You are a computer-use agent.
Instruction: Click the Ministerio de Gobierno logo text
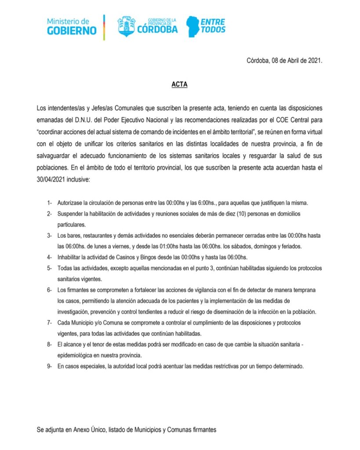pos(71,26)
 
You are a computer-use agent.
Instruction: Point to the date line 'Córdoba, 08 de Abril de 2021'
pos(284,61)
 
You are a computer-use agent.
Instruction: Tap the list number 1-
pos(50,203)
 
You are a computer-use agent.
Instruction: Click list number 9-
pos(50,366)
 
